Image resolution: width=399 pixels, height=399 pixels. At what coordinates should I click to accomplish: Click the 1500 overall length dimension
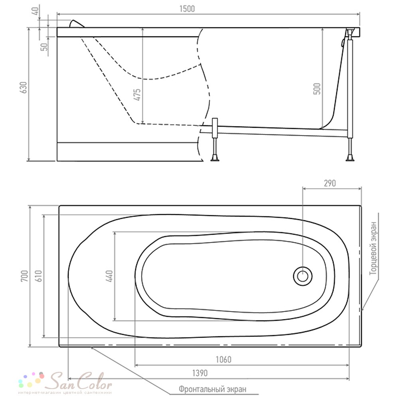tap(187, 9)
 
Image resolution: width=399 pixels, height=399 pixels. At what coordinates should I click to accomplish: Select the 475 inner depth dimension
tap(137, 95)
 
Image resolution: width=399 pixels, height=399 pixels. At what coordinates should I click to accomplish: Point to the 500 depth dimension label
tap(317, 89)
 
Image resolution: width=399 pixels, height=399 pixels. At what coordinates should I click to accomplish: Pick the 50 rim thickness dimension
tap(45, 47)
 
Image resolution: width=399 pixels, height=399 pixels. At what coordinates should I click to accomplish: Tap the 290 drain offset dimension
tap(330, 183)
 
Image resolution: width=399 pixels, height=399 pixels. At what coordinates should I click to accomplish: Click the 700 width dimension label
tap(24, 276)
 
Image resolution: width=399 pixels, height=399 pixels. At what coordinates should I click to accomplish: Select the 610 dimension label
tap(39, 276)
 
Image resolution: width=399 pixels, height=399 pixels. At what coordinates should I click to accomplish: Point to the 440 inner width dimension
tap(109, 276)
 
